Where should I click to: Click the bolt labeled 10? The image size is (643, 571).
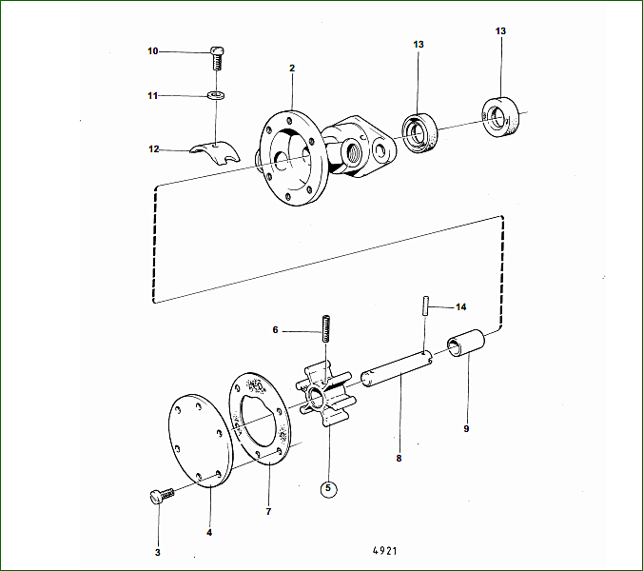pyautogui.click(x=217, y=58)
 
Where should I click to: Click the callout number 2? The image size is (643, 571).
pyautogui.click(x=292, y=69)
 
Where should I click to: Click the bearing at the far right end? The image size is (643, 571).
pyautogui.click(x=500, y=117)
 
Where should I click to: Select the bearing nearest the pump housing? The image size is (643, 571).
pyautogui.click(x=419, y=133)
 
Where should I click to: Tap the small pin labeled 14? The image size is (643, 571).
pyautogui.click(x=426, y=305)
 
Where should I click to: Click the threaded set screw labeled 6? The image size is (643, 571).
pyautogui.click(x=326, y=328)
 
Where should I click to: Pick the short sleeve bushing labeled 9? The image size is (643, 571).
pyautogui.click(x=465, y=343)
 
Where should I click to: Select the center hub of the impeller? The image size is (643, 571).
pyautogui.click(x=316, y=396)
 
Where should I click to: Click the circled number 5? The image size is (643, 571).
pyautogui.click(x=328, y=488)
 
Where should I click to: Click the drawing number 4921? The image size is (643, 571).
pyautogui.click(x=384, y=550)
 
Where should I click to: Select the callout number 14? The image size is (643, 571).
pyautogui.click(x=461, y=306)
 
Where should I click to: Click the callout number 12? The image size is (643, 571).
pyautogui.click(x=153, y=148)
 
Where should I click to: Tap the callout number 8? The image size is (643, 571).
pyautogui.click(x=399, y=458)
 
